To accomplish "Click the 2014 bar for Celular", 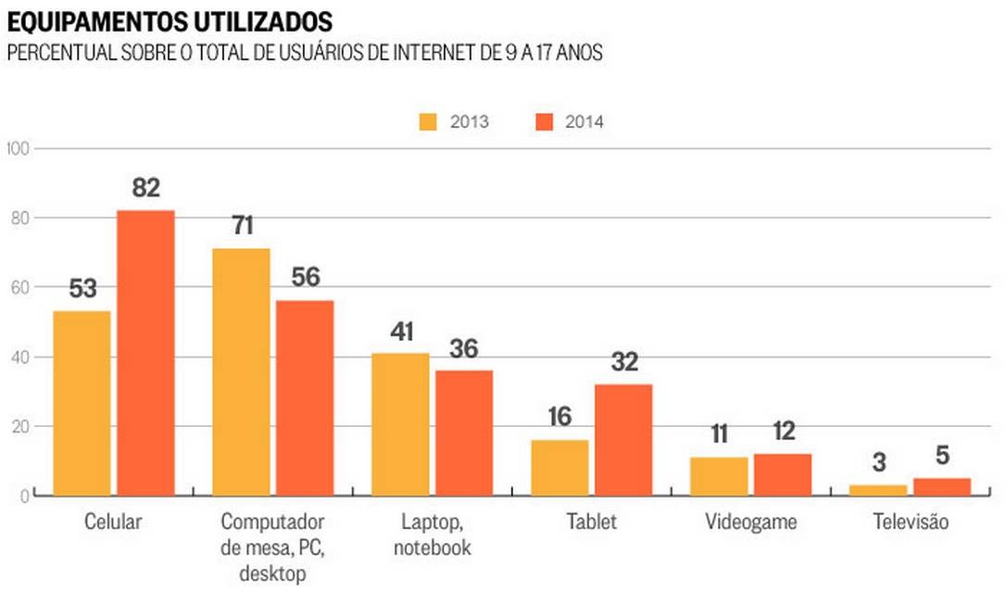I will (145, 353).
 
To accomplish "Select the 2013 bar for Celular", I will (82, 403).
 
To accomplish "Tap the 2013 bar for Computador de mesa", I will (241, 372).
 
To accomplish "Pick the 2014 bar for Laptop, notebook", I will (464, 433).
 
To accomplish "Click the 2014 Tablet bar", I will (623, 440).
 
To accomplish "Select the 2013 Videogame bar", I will (719, 476).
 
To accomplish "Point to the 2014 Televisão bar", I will (942, 486).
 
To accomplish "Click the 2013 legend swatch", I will (429, 121).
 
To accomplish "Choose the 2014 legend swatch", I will (544, 121).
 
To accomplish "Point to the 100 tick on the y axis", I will (19, 148).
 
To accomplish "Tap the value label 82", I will (145, 188).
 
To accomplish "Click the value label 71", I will (241, 226).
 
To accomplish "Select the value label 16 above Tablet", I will (560, 417).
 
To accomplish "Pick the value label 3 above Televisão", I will (878, 461).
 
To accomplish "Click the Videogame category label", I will (750, 522).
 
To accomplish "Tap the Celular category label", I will (113, 522).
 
